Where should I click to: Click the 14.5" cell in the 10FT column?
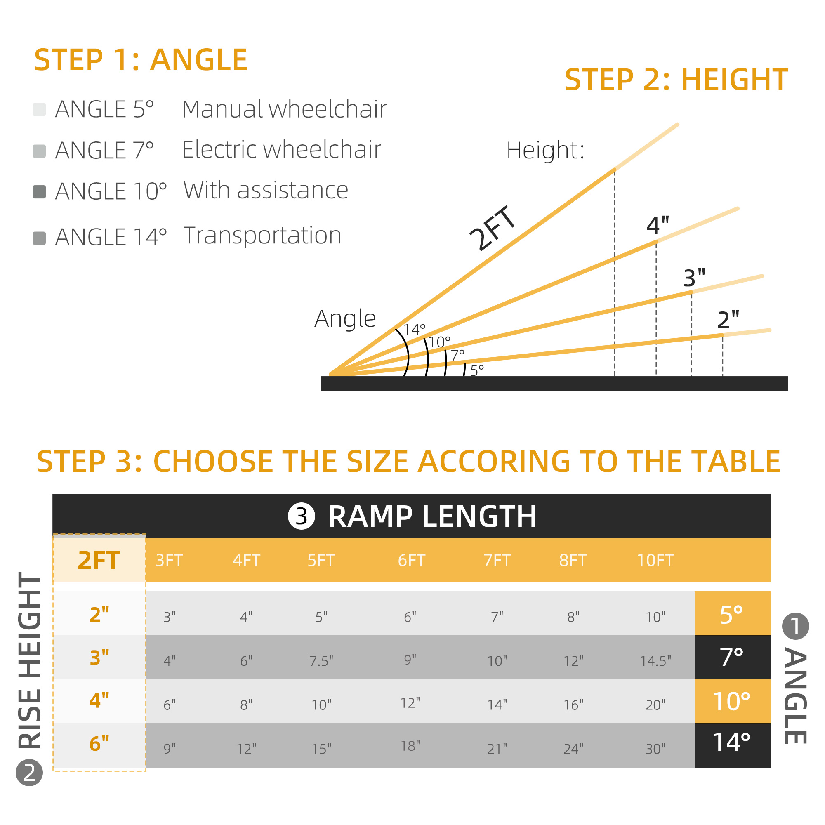(655, 661)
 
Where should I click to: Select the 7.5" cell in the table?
(321, 661)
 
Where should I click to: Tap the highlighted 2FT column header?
(99, 560)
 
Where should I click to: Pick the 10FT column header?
(655, 560)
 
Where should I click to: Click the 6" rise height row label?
(99, 743)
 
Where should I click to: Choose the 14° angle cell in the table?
(732, 743)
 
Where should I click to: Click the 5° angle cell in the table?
(732, 614)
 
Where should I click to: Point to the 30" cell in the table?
(655, 749)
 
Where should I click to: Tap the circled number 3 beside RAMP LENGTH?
(302, 516)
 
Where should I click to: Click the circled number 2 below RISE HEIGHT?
(29, 773)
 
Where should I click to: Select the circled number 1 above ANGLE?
(795, 626)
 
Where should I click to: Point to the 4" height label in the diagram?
(658, 226)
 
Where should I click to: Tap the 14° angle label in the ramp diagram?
(414, 330)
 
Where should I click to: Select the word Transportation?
(263, 235)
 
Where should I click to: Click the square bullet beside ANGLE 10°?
(39, 192)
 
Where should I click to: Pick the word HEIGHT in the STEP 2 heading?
(735, 80)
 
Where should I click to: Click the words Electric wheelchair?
(281, 149)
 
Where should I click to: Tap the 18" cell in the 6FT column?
(410, 746)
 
